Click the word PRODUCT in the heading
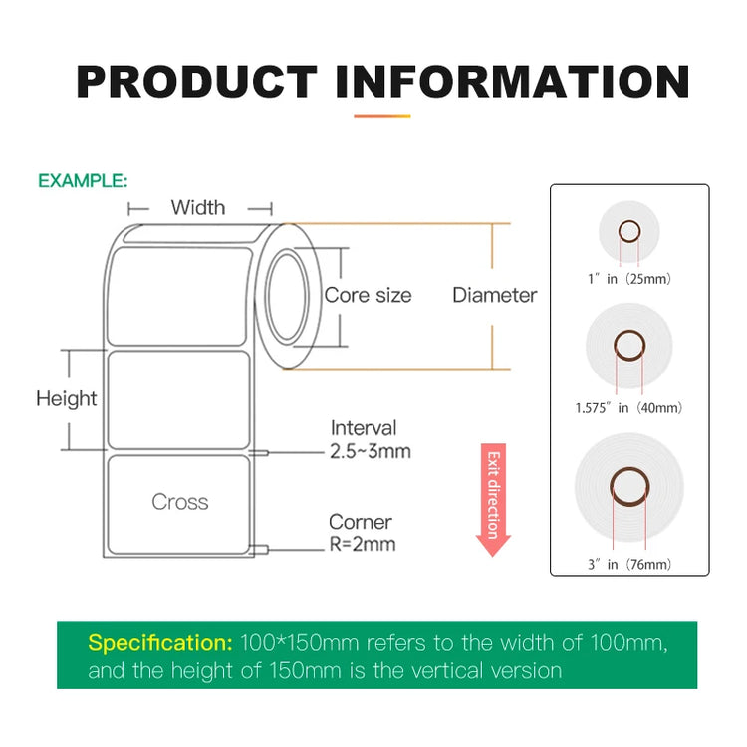(x=197, y=82)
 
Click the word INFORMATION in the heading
(x=513, y=82)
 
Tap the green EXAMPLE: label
(x=83, y=181)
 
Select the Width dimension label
(x=198, y=208)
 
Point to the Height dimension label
(x=67, y=398)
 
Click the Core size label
(x=368, y=296)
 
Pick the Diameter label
(x=494, y=295)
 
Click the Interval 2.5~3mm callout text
(x=371, y=439)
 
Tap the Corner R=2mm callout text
(x=363, y=533)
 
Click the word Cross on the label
(x=180, y=502)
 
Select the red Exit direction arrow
(x=493, y=499)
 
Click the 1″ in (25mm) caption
(x=629, y=279)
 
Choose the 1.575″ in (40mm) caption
(x=628, y=408)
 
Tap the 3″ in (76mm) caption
(x=629, y=565)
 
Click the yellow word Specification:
(x=160, y=643)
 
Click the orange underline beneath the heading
(x=382, y=116)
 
